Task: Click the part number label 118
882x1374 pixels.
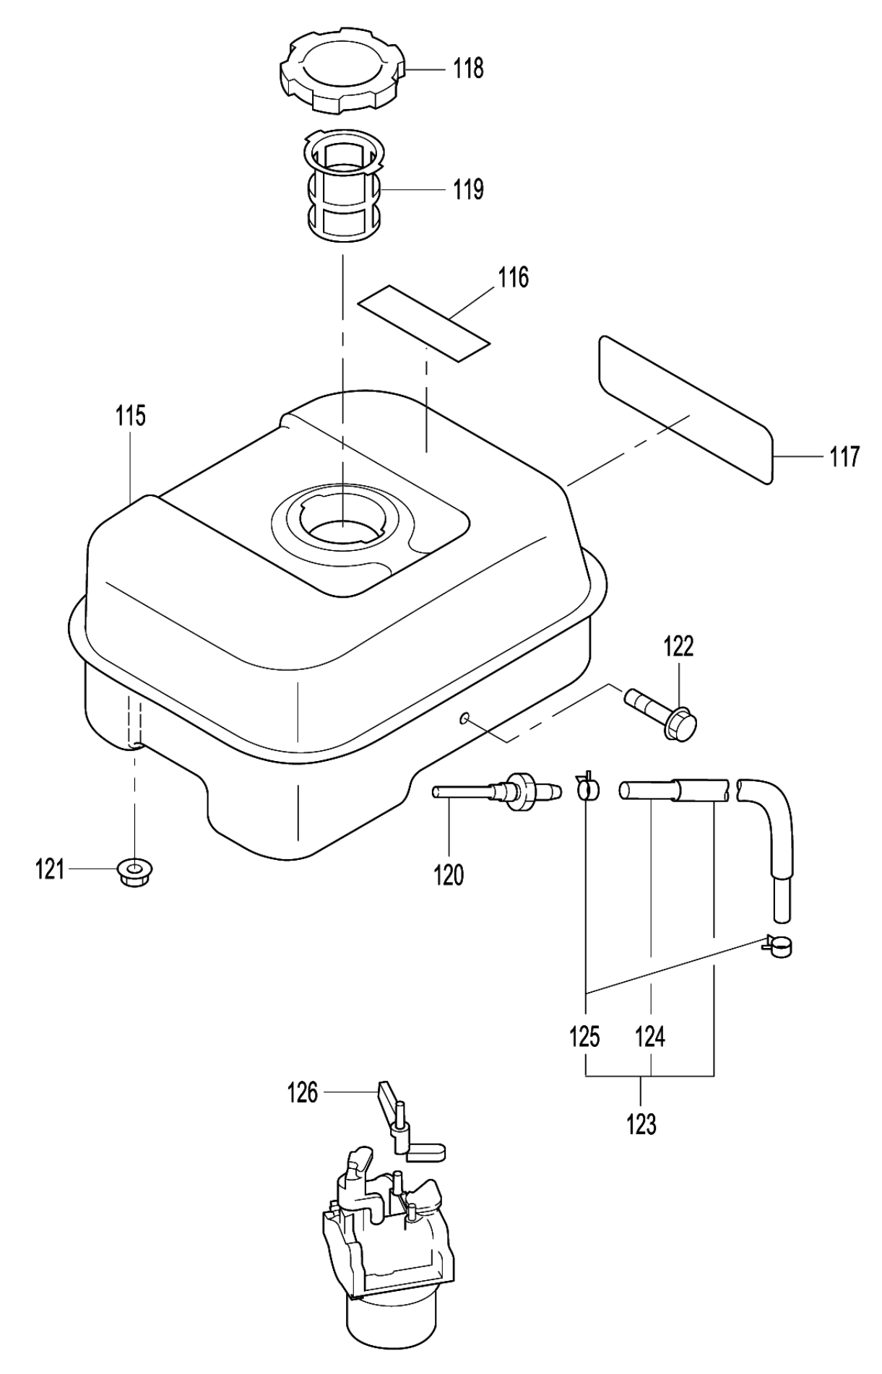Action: click(x=468, y=69)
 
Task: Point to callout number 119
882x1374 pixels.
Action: click(x=468, y=190)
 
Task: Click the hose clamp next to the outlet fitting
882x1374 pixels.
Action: click(x=587, y=788)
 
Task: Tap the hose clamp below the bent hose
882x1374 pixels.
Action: click(x=778, y=946)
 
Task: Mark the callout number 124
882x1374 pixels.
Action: click(x=650, y=1038)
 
